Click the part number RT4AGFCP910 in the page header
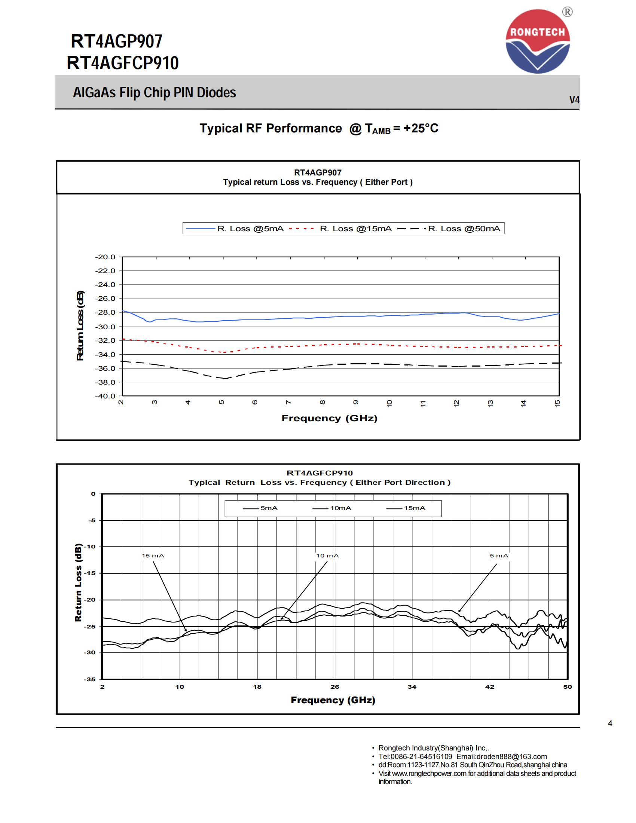coord(122,63)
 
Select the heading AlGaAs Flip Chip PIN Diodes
coord(155,93)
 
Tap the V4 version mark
coord(574,100)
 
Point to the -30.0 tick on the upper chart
coord(105,327)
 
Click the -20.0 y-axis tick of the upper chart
coord(105,257)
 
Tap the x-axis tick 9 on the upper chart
coord(355,403)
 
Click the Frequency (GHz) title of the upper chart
coord(329,418)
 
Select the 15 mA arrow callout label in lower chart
coord(153,556)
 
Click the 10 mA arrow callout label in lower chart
coord(327,556)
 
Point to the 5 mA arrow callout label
coord(499,556)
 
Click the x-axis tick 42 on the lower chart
coord(489,687)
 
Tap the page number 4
coord(610,723)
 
